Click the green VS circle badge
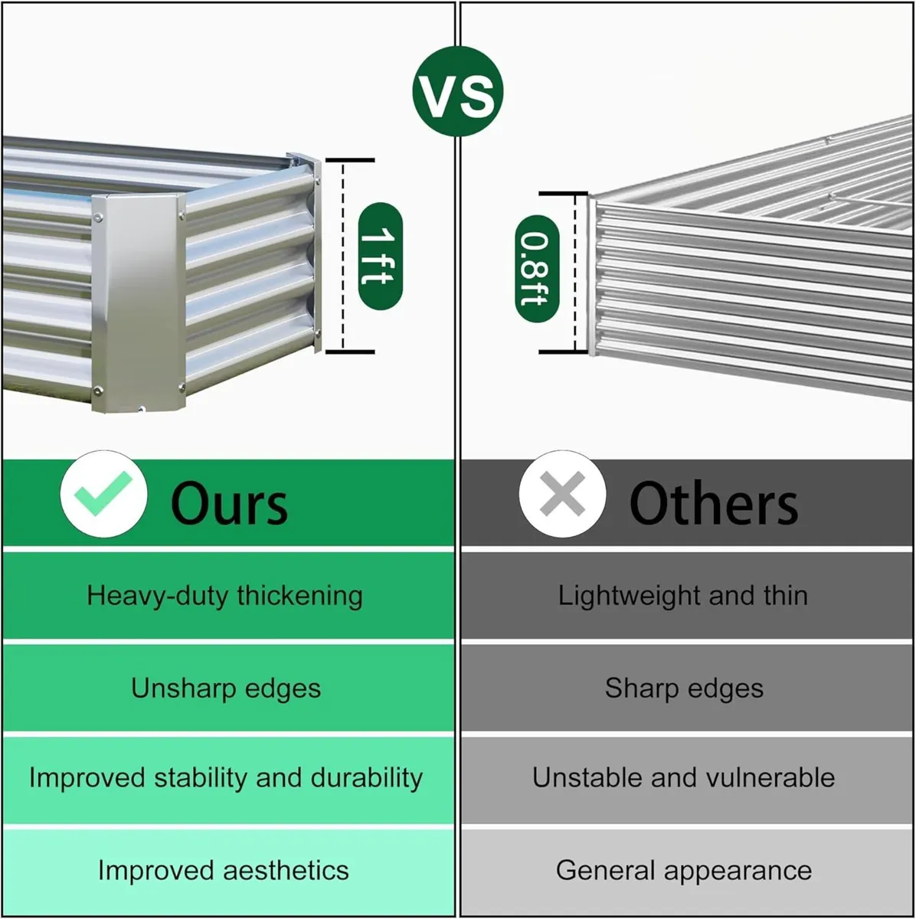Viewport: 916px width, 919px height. tap(458, 92)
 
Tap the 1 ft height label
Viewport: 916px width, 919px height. tap(380, 257)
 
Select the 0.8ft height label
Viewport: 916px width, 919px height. tap(536, 270)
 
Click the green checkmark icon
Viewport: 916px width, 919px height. tap(103, 494)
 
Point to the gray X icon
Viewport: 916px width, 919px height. tap(562, 494)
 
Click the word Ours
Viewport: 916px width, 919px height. tap(229, 504)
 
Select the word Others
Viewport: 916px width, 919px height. tap(713, 504)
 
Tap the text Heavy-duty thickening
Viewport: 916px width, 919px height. tap(225, 595)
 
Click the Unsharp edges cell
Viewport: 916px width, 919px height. tap(226, 688)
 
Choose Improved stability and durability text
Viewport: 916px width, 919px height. tap(226, 778)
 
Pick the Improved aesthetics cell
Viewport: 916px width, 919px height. tap(224, 870)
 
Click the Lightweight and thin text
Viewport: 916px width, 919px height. tap(682, 595)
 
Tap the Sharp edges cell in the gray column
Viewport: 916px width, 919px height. tap(684, 688)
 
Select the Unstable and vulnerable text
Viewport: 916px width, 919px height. tap(683, 778)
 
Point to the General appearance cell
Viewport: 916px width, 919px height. tap(684, 870)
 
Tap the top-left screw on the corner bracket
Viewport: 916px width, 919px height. tap(99, 218)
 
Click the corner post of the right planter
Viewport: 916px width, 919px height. tap(592, 276)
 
